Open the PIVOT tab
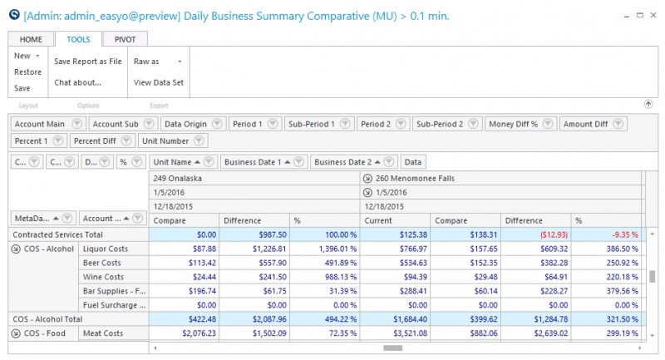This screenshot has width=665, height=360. (x=125, y=39)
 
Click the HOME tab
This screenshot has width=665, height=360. (x=31, y=39)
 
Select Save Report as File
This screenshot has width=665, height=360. (x=88, y=61)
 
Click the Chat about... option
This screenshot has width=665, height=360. (x=77, y=82)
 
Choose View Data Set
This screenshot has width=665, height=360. (x=159, y=82)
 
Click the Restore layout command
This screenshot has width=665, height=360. (x=27, y=72)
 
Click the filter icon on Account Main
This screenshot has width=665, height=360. (x=76, y=124)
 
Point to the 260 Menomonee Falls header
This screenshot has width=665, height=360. (x=415, y=178)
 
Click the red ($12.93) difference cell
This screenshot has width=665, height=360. (x=554, y=234)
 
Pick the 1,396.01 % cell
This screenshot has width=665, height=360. (x=337, y=249)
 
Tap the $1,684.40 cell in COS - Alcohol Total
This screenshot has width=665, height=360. (x=410, y=319)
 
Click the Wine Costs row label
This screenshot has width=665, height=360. (x=103, y=277)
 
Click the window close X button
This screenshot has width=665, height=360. (x=653, y=15)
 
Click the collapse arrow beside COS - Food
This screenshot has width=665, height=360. (x=16, y=333)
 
